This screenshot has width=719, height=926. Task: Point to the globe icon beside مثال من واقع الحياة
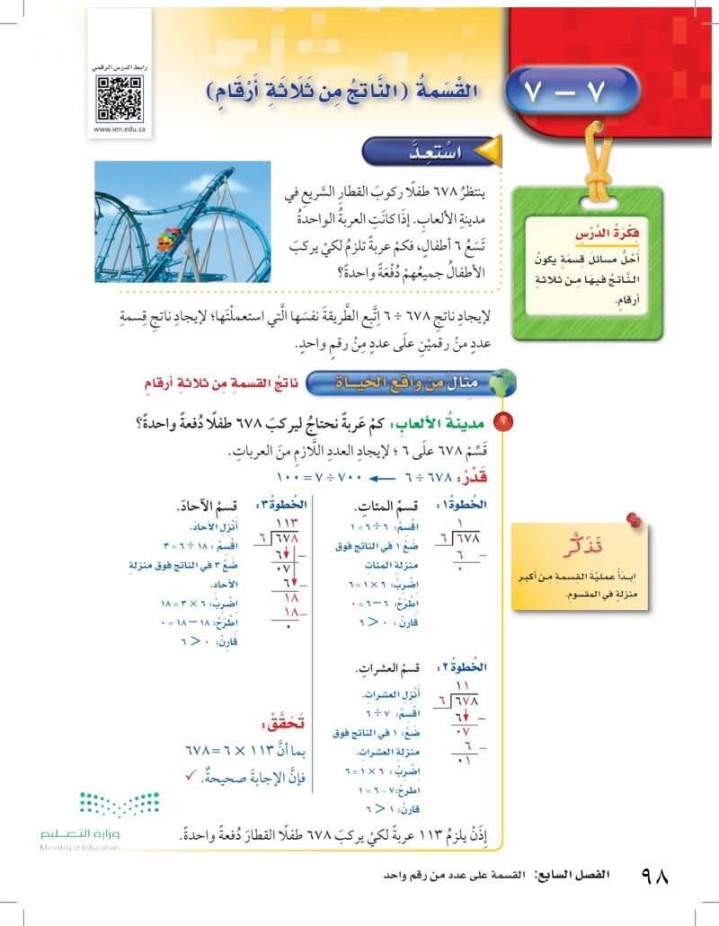pos(501,384)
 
